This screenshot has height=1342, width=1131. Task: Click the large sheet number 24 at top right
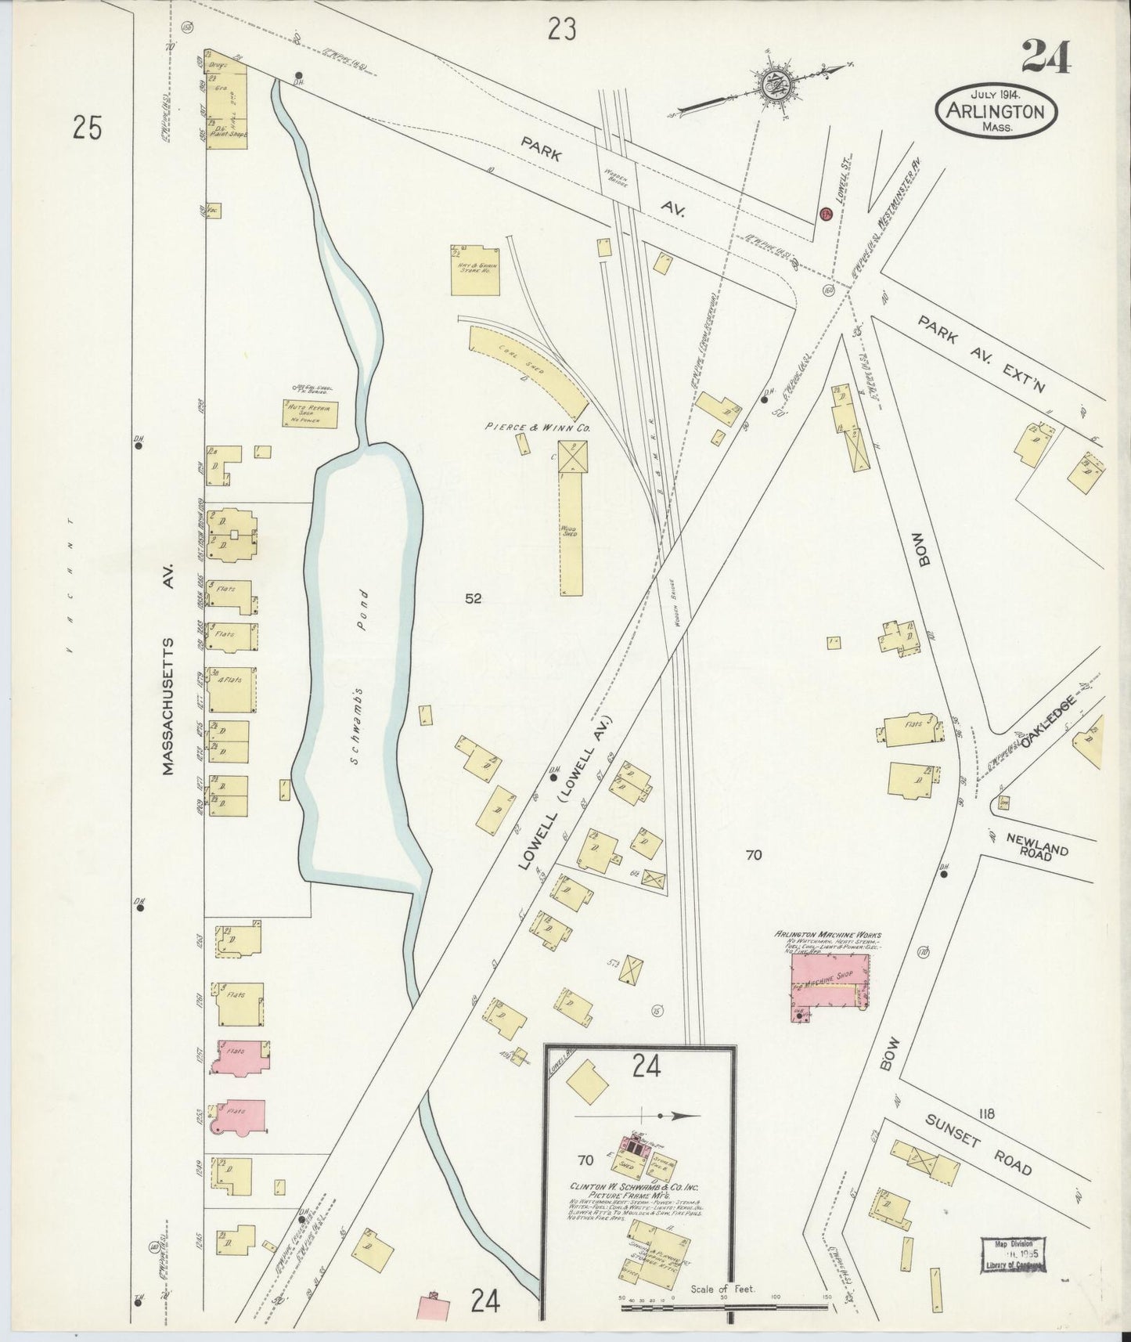pos(1045,57)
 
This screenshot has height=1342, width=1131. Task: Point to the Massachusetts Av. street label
pos(170,671)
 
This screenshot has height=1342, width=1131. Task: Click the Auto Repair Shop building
pos(310,414)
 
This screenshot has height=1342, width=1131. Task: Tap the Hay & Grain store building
pos(474,270)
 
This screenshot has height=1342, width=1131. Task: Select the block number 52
pos(473,599)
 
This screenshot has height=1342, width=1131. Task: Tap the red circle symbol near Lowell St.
pos(824,214)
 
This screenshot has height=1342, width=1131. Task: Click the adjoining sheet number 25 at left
pos(87,127)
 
